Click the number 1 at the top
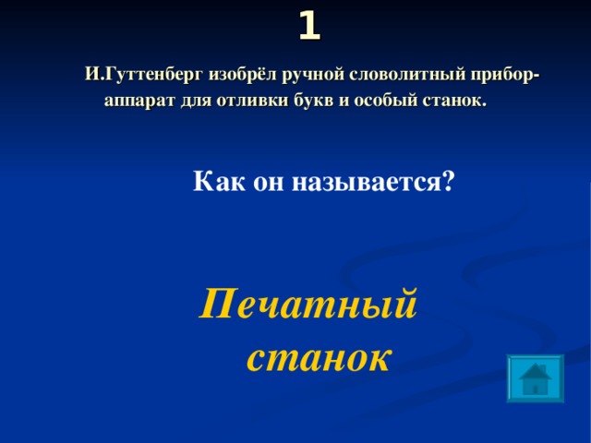[x=309, y=26]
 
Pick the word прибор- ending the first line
[x=500, y=75]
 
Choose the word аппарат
[x=139, y=101]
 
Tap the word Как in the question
[x=216, y=181]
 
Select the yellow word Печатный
[x=308, y=304]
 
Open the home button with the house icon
[x=535, y=378]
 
